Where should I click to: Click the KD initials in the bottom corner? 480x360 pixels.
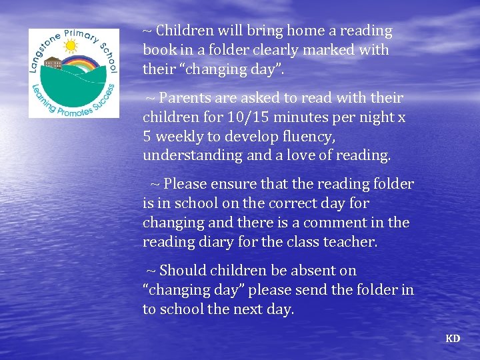[453, 339]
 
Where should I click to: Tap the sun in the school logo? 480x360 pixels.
[69, 46]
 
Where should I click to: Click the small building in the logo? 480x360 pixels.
[53, 64]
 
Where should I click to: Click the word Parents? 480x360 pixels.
[183, 98]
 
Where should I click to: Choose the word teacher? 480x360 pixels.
[351, 242]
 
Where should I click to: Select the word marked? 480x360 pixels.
[329, 50]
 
